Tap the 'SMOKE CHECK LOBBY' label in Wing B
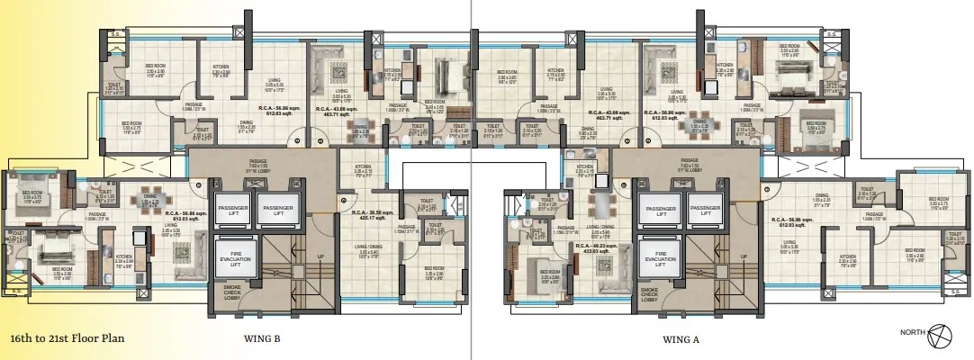[233, 293]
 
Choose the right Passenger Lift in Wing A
[708, 208]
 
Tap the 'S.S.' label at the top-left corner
[113, 34]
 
